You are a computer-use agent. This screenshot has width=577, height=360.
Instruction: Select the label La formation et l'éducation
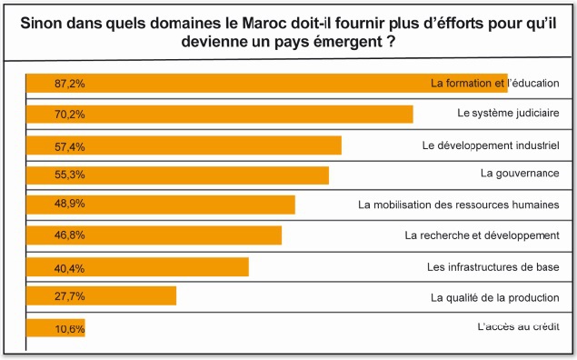494,84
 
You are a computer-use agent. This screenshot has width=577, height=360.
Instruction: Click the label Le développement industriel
491,145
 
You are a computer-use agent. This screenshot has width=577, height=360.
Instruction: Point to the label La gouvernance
519,173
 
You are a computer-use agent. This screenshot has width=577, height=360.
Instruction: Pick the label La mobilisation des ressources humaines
458,205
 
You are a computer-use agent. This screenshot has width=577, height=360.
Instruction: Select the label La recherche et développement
481,235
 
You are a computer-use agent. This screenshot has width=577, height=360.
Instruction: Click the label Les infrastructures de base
492,267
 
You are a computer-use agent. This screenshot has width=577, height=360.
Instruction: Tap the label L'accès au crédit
512,326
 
